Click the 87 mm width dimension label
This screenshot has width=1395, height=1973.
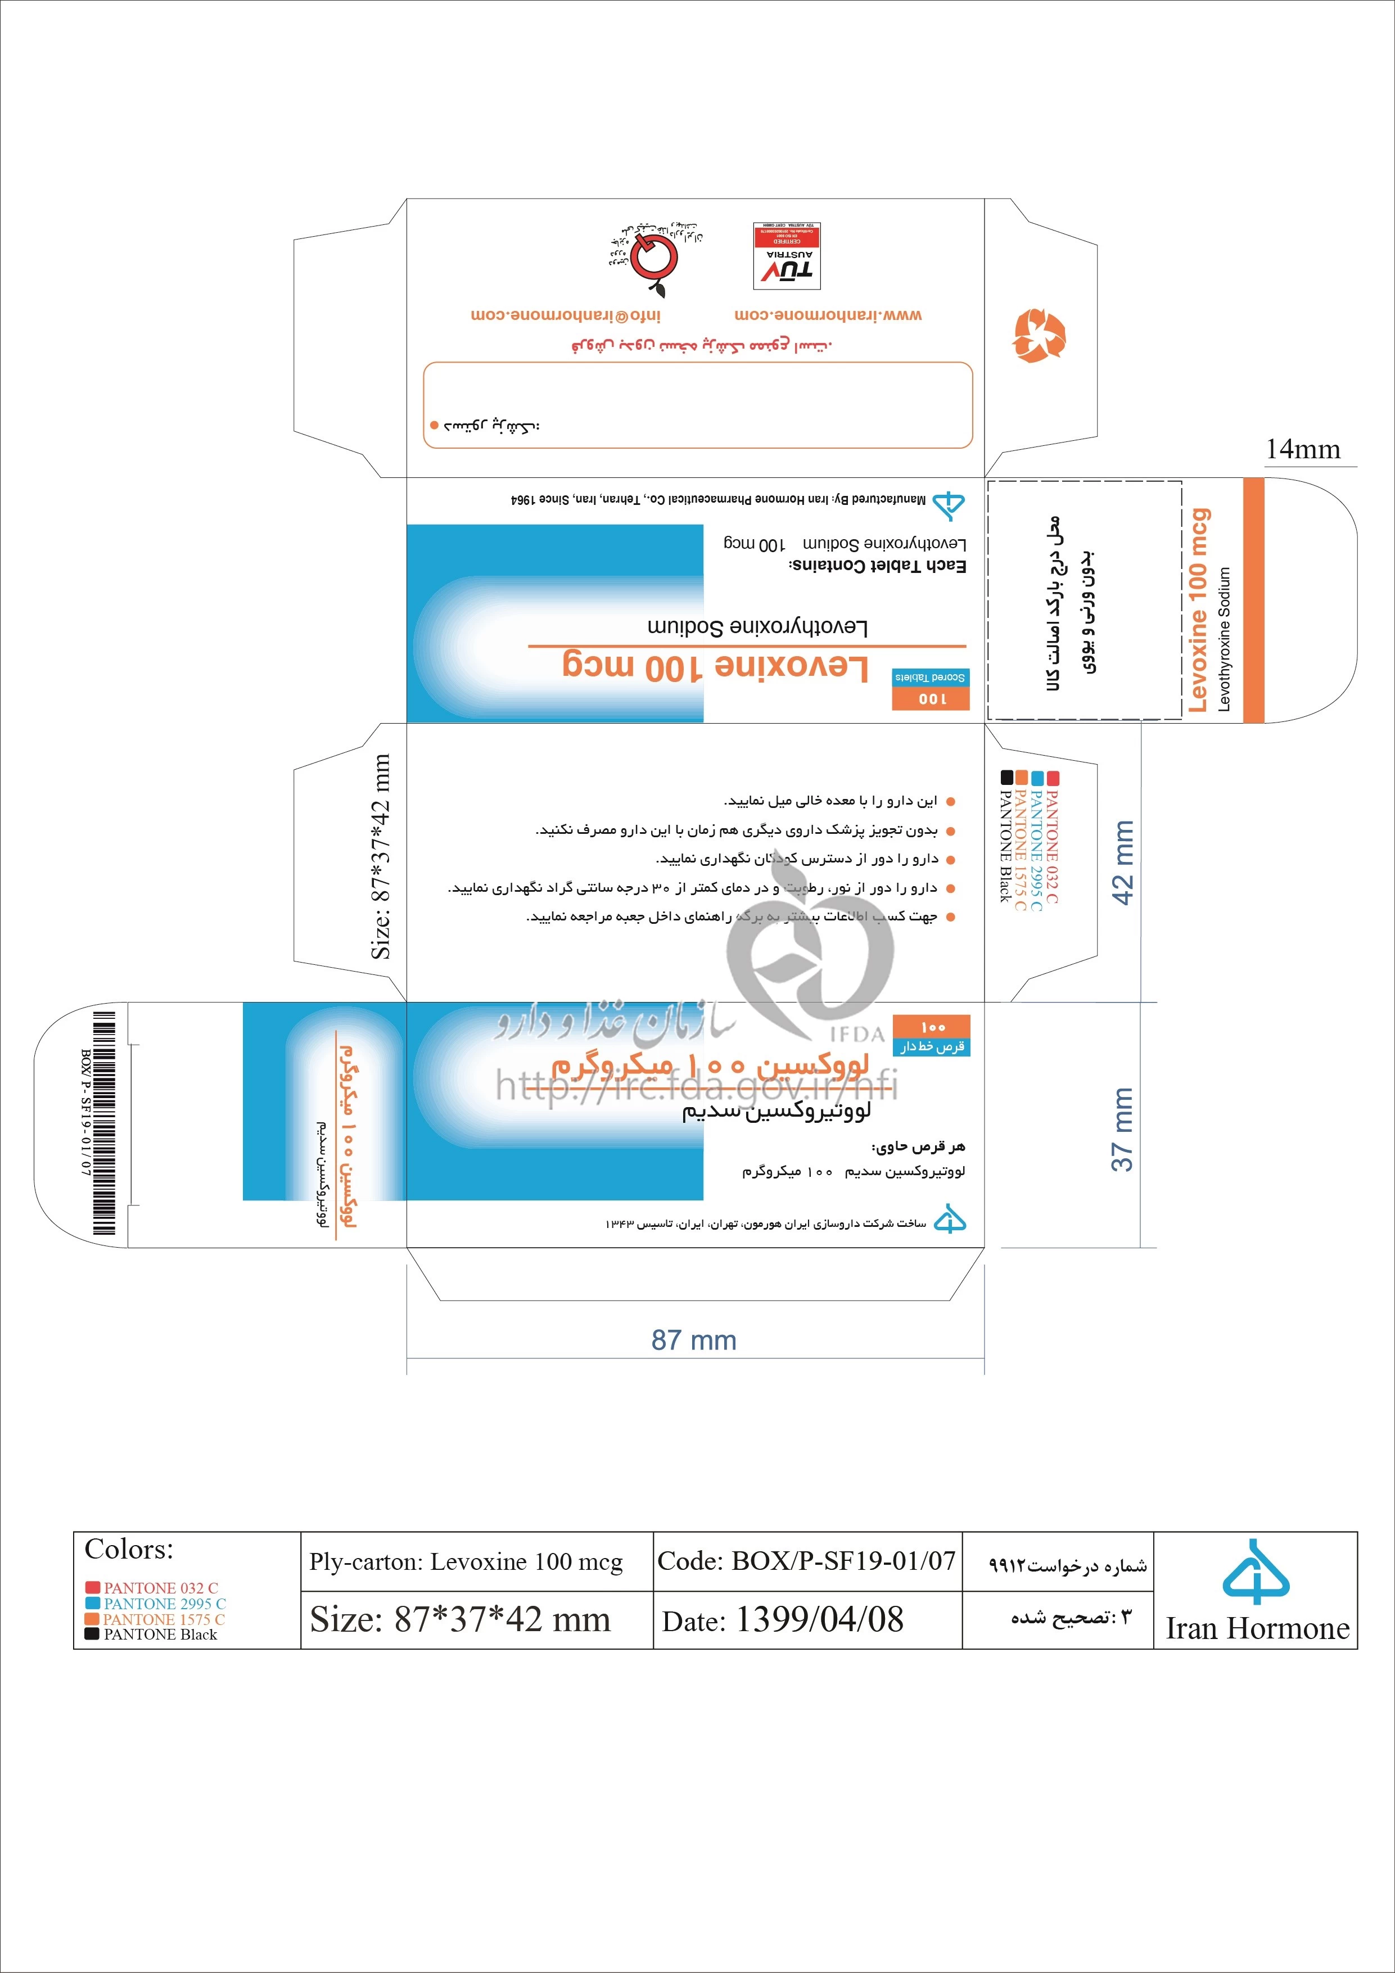694,1340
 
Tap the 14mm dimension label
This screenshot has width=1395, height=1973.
1302,449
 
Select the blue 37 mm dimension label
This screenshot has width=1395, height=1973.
1122,1129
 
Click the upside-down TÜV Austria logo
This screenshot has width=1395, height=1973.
787,255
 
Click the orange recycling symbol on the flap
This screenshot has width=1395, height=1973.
1039,335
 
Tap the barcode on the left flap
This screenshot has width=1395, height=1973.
104,1122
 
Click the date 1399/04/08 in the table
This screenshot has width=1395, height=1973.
819,1620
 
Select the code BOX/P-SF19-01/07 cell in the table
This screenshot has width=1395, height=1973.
806,1560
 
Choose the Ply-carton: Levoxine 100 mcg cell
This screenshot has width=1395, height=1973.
466,1561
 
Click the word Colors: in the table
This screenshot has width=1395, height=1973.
129,1550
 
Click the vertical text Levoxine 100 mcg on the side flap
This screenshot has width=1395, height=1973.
1198,610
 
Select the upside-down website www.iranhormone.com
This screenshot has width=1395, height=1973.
828,315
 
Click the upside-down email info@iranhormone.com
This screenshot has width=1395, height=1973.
566,315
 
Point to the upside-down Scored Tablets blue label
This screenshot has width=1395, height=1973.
931,677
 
